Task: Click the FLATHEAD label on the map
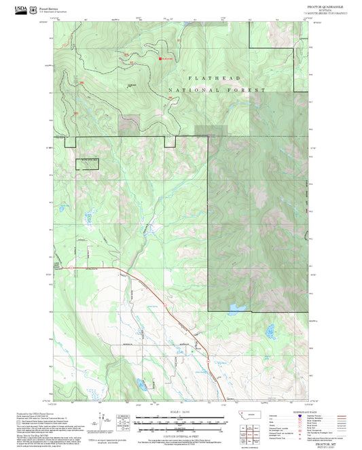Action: pos(206,79)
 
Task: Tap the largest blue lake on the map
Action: pos(237,309)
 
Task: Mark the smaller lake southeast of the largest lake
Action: pos(270,331)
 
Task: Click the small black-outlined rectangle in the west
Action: pos(86,163)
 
